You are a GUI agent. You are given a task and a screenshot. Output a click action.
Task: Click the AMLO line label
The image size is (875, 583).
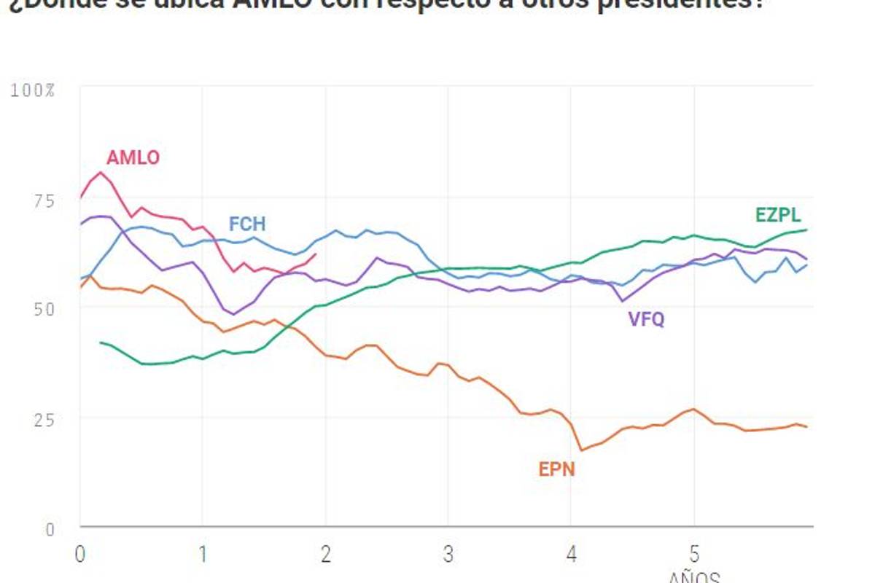133,157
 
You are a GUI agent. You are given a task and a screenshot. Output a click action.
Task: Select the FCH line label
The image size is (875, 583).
247,223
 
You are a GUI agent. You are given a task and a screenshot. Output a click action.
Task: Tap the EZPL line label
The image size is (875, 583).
778,215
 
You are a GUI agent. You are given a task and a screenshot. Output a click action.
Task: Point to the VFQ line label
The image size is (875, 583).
646,319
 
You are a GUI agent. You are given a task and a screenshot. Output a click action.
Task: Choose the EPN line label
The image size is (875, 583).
557,469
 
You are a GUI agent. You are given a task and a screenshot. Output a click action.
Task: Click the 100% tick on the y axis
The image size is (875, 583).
32,91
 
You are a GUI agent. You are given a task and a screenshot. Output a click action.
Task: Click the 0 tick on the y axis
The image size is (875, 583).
50,530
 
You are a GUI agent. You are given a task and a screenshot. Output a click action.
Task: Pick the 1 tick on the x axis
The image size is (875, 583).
203,554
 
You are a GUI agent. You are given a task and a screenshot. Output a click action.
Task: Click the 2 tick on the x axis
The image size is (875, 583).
325,554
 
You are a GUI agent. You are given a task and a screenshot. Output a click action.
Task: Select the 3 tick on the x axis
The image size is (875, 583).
448,554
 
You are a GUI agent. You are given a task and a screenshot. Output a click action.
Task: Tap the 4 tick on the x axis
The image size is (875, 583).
571,554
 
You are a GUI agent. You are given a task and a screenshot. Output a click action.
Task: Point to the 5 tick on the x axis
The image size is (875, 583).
693,554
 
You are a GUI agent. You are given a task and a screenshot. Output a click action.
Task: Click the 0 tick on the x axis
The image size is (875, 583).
80,554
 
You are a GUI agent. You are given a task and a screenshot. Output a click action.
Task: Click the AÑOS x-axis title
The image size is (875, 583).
694,577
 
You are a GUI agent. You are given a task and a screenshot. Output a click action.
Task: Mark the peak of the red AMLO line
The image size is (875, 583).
101,173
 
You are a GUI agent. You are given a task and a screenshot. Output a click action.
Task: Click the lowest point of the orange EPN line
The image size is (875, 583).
581,450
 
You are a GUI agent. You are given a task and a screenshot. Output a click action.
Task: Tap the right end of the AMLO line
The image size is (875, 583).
315,254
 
